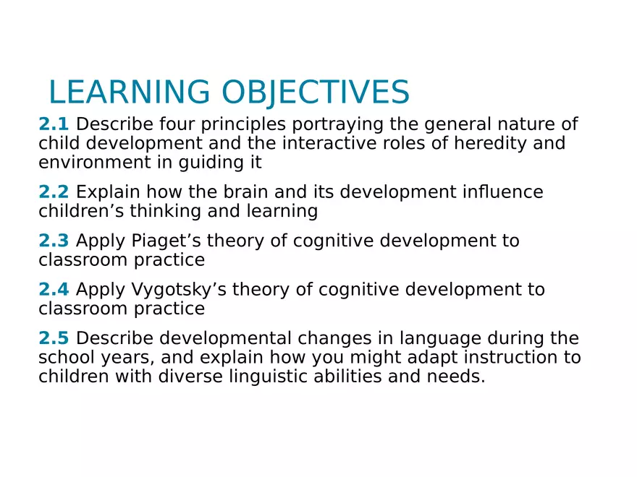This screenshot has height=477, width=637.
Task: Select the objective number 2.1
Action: point(54,124)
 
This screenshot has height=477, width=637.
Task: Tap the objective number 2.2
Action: point(54,192)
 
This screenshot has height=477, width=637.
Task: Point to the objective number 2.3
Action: point(54,241)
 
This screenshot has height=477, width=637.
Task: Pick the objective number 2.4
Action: point(54,290)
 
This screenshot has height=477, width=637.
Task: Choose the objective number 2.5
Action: point(54,338)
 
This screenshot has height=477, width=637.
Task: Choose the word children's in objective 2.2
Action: point(76,211)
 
